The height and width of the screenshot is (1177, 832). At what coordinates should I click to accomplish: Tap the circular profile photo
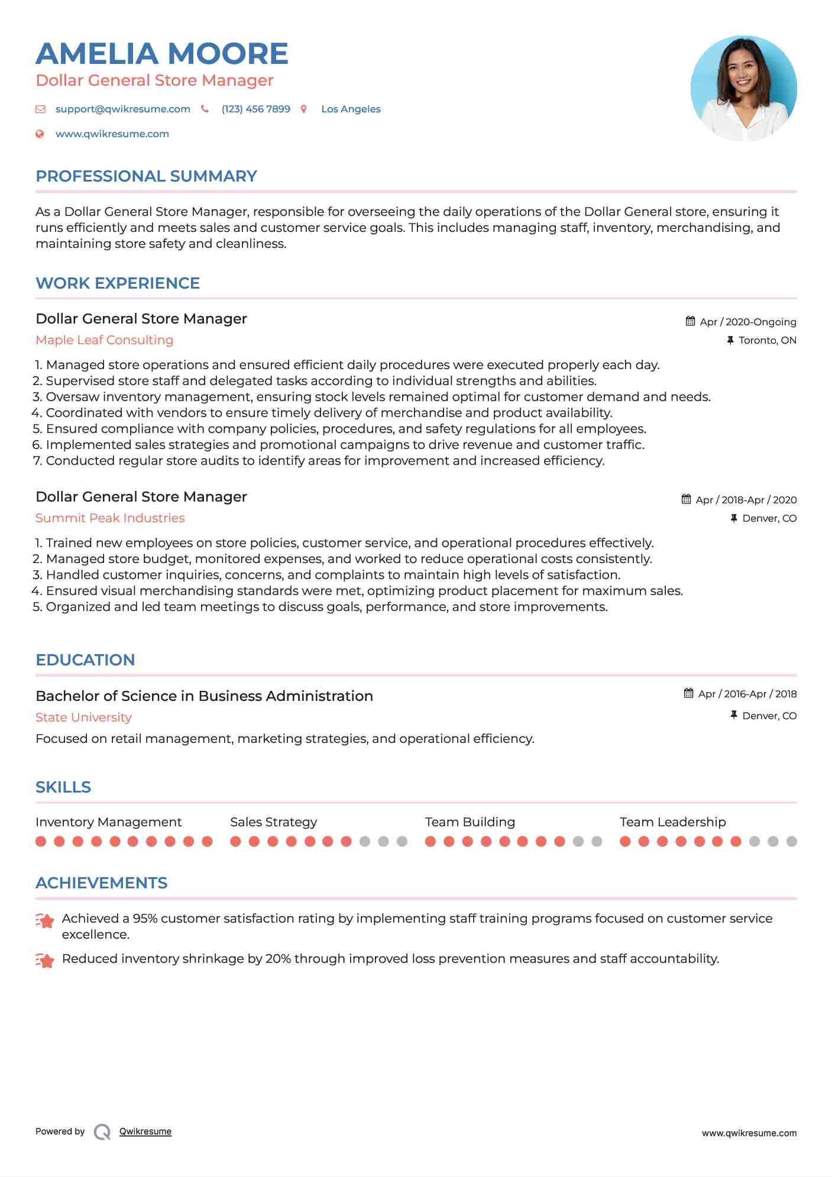pos(743,88)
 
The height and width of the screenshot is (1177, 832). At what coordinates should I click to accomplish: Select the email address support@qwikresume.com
pos(122,109)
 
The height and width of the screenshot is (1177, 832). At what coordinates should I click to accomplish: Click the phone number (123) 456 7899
pos(255,109)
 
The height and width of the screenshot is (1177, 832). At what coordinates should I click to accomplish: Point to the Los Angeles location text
pos(351,109)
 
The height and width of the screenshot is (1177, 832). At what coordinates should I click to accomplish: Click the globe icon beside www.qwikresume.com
pos(40,134)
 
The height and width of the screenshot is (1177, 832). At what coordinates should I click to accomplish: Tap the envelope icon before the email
pos(40,109)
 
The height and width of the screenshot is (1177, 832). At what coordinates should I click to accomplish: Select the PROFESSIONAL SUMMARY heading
pos(146,176)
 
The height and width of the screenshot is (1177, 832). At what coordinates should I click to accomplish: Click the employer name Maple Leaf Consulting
pos(104,340)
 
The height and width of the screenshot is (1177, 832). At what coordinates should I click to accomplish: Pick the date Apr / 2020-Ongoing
pos(747,322)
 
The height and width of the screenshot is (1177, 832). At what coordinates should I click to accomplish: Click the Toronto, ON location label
pos(767,340)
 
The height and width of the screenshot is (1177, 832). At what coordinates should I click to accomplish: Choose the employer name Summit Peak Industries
pos(110,518)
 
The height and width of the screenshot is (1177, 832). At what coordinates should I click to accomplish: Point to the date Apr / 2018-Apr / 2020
pos(746,500)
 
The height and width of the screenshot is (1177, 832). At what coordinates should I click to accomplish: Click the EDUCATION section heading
pos(85,660)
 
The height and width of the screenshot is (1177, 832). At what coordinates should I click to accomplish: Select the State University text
pos(83,717)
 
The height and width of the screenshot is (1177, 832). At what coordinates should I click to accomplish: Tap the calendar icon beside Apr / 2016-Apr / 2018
pos(688,693)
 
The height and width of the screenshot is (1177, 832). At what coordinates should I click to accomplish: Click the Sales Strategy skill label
pos(273,822)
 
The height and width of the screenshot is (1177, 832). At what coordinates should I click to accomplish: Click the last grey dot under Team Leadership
pos(791,841)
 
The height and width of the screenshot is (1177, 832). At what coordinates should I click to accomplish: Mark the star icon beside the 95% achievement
pos(45,920)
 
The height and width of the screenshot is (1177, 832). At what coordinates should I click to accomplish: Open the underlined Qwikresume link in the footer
pos(145,1131)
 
